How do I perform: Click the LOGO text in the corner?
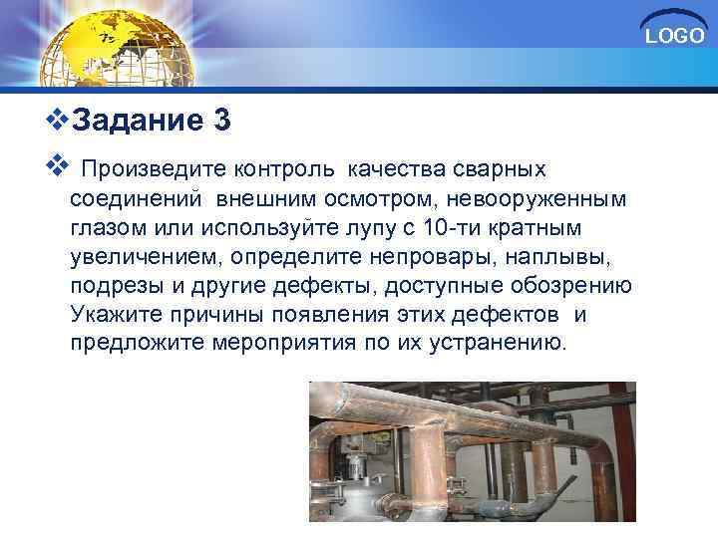(x=675, y=37)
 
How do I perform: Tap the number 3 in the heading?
(x=221, y=121)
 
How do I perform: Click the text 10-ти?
(x=452, y=228)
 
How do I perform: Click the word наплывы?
(x=550, y=257)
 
